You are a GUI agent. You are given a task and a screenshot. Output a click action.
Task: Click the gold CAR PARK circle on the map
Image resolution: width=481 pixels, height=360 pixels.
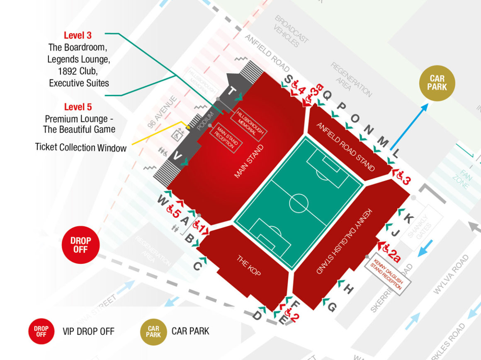point(437,83)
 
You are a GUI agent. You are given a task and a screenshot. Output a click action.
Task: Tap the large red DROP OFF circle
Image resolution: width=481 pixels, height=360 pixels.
point(80,245)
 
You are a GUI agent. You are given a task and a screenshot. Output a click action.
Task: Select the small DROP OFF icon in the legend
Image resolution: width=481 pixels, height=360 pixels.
point(41,331)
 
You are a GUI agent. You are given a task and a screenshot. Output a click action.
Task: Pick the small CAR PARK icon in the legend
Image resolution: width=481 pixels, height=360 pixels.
point(153,331)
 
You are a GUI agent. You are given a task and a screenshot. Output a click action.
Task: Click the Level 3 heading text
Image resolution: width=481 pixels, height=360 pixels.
point(78,36)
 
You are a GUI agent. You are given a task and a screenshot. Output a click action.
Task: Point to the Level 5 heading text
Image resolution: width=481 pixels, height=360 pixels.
point(78,107)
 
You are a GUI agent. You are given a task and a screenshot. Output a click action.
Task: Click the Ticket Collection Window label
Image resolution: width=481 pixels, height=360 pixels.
point(81,147)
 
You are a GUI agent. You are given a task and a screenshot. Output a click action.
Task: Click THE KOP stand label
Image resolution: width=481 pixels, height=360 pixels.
point(249,266)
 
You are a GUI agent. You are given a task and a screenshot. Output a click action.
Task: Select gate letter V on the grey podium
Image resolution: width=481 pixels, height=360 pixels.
point(177,157)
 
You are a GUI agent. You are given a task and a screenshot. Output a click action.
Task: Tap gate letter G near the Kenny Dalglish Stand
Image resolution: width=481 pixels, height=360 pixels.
point(332,307)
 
